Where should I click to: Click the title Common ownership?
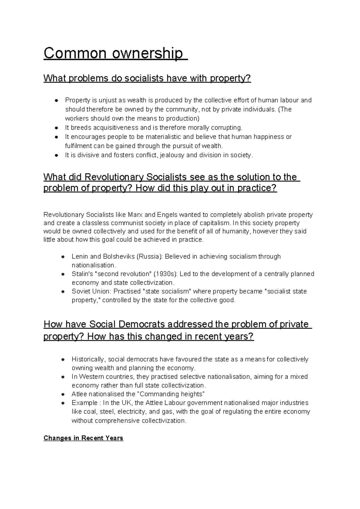pos(113,53)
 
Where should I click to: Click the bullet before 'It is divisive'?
pos(56,155)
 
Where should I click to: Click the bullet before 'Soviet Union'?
pos(63,291)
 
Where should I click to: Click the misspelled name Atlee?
pos(79,394)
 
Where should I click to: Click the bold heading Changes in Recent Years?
pos(83,438)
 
